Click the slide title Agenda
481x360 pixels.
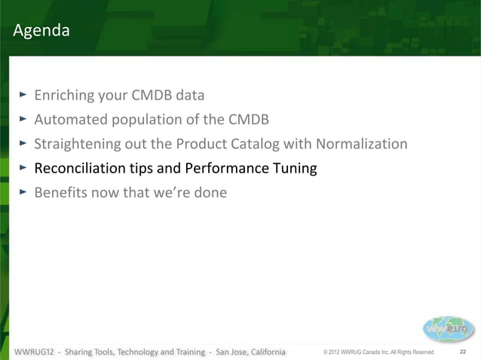[41, 31]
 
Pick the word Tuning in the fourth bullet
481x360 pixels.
[293, 168]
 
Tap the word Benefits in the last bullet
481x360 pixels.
[61, 192]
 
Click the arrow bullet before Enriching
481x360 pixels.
[23, 95]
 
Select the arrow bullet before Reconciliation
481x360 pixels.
[23, 167]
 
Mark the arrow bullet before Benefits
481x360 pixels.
[23, 191]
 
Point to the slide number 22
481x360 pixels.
[463, 352]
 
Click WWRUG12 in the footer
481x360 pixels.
[32, 352]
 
